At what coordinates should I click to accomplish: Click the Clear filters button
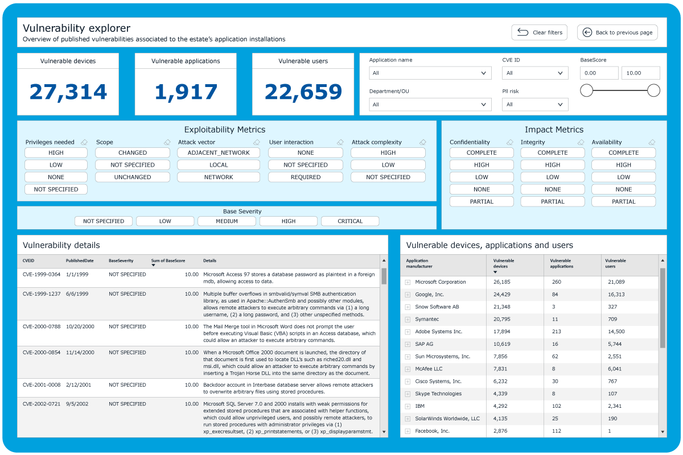coord(539,32)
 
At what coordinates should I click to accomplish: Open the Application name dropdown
coord(430,73)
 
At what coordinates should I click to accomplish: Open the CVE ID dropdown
coord(535,73)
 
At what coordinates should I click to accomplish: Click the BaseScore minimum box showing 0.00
coord(599,73)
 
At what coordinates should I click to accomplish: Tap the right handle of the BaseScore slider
coord(653,90)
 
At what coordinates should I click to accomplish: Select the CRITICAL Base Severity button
coord(350,221)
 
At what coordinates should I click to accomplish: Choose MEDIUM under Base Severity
coord(227,221)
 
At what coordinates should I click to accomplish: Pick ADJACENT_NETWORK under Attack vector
coord(219,152)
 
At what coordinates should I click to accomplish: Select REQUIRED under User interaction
coord(306,177)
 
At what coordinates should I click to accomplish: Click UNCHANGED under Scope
coord(132,177)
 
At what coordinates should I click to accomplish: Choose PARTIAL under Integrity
coord(553,201)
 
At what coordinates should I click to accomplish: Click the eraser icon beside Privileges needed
coord(84,142)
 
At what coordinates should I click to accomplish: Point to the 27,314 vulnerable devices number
coord(68,92)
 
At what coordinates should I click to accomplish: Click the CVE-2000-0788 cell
coord(42,326)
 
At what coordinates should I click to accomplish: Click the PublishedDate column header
coord(80,260)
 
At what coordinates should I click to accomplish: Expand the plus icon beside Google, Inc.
coord(408,295)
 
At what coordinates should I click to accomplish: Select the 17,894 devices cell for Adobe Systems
coord(501,332)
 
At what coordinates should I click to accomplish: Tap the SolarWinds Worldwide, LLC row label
coord(447,419)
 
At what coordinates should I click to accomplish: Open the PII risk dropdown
coord(535,105)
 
